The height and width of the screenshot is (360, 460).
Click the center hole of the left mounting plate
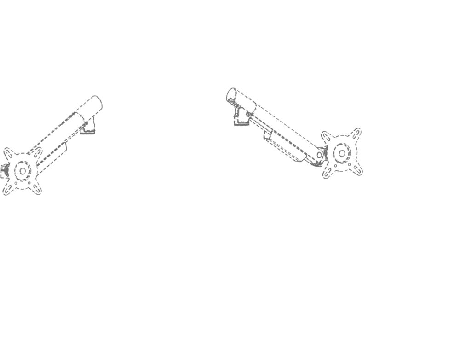[21, 171]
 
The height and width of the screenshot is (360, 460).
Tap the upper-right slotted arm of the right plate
[354, 136]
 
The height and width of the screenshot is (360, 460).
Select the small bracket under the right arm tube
[269, 136]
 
